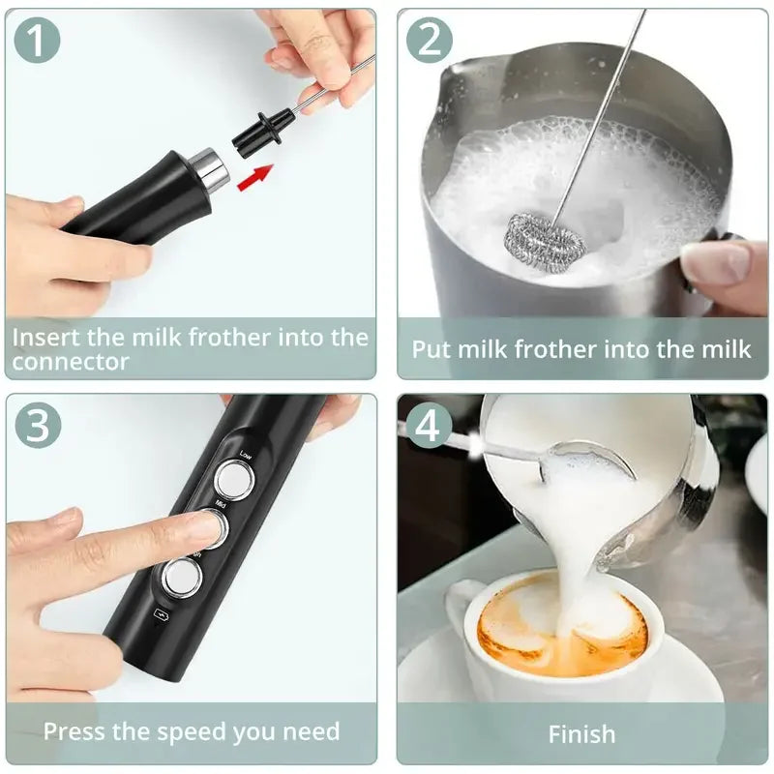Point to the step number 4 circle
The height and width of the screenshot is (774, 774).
point(429,426)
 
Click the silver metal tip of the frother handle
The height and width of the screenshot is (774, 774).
point(208,169)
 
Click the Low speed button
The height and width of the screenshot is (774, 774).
point(231,478)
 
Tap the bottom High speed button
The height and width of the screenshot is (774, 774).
point(181,578)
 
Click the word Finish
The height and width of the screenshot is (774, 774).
point(581,733)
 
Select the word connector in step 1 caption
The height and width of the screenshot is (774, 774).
point(71,362)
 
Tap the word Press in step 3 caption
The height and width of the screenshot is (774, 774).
point(75,730)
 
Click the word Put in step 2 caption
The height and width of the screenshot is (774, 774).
point(432,349)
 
